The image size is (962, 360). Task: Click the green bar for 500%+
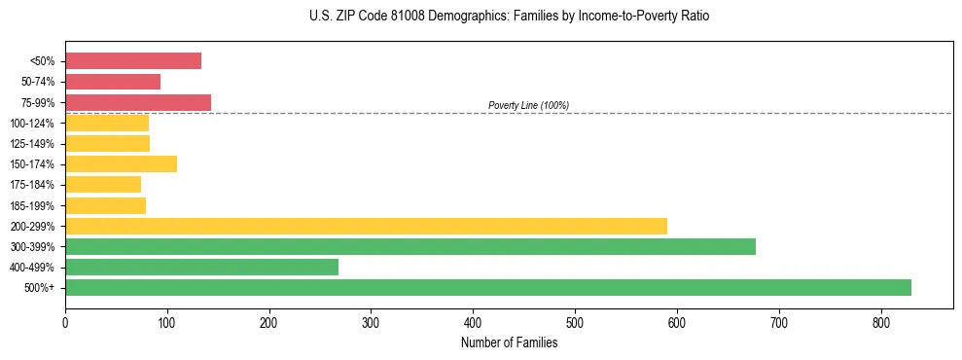click(x=487, y=287)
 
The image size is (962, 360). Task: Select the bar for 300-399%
click(x=410, y=246)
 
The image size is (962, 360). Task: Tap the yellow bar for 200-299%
click(x=366, y=226)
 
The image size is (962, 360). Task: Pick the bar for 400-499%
click(x=201, y=267)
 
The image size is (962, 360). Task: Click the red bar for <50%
click(x=133, y=60)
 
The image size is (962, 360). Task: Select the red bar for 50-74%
click(x=113, y=82)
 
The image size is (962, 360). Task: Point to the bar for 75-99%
click(x=138, y=102)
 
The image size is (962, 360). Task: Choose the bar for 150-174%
click(x=121, y=163)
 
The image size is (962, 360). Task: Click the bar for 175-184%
click(x=103, y=184)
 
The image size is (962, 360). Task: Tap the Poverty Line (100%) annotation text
click(x=528, y=105)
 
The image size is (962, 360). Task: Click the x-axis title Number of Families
click(x=509, y=342)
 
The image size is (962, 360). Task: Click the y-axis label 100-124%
click(x=32, y=124)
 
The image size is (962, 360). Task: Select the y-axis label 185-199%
click(x=32, y=205)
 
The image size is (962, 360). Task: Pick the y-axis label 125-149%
click(x=32, y=144)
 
